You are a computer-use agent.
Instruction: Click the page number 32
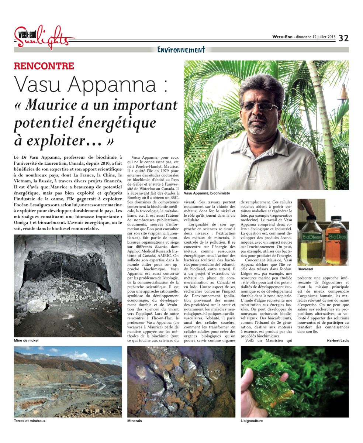343,38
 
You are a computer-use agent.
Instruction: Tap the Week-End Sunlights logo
44,37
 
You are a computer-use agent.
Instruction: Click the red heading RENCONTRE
44,66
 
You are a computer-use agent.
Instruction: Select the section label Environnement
181,49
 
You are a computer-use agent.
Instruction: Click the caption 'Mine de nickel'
26,340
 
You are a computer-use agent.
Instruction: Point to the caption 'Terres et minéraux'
30,421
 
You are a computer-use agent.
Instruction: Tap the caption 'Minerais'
135,421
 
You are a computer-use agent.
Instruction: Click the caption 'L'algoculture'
252,421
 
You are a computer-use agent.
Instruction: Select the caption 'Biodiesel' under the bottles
305,269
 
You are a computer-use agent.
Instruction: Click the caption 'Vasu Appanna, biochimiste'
208,193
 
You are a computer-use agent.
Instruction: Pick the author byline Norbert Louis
338,340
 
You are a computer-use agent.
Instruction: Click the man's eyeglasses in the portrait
259,106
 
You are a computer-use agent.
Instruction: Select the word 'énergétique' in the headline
113,123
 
